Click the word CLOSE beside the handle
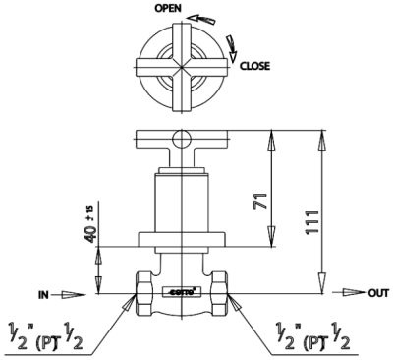(254, 68)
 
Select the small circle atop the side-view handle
(180, 139)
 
